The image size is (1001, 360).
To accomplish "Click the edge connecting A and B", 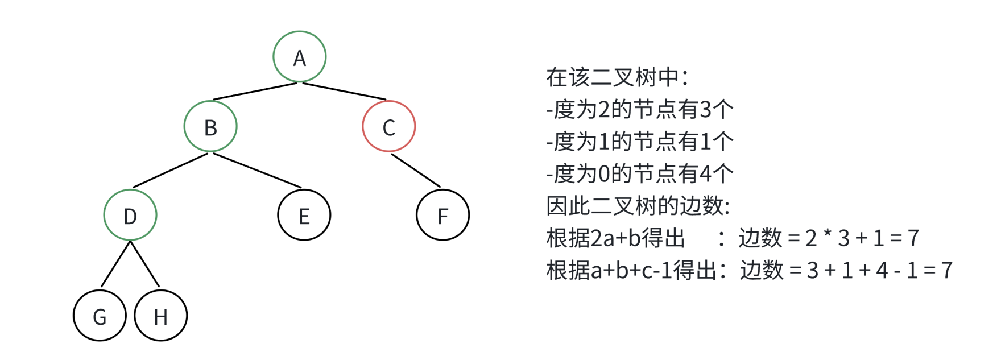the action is (255, 92).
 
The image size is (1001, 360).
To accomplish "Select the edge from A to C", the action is (345, 92).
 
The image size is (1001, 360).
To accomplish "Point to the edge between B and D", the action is (171, 171).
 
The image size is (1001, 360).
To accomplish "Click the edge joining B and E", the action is (258, 171).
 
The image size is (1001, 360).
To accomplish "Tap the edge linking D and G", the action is (115, 264).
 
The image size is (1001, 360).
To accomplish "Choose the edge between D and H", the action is (145, 264).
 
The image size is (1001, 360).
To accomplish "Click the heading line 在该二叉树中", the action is (618, 77).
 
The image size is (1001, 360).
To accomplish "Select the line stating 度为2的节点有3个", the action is (640, 109).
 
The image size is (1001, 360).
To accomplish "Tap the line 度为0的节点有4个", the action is (640, 173).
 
